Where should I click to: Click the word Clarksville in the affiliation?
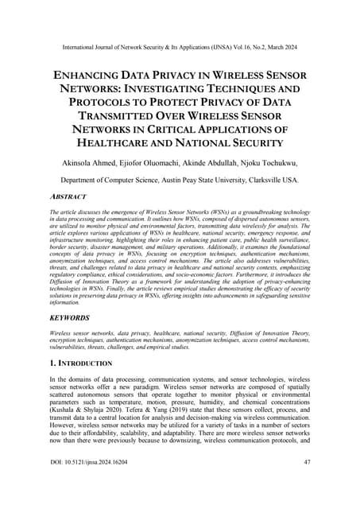coord(269,188)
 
